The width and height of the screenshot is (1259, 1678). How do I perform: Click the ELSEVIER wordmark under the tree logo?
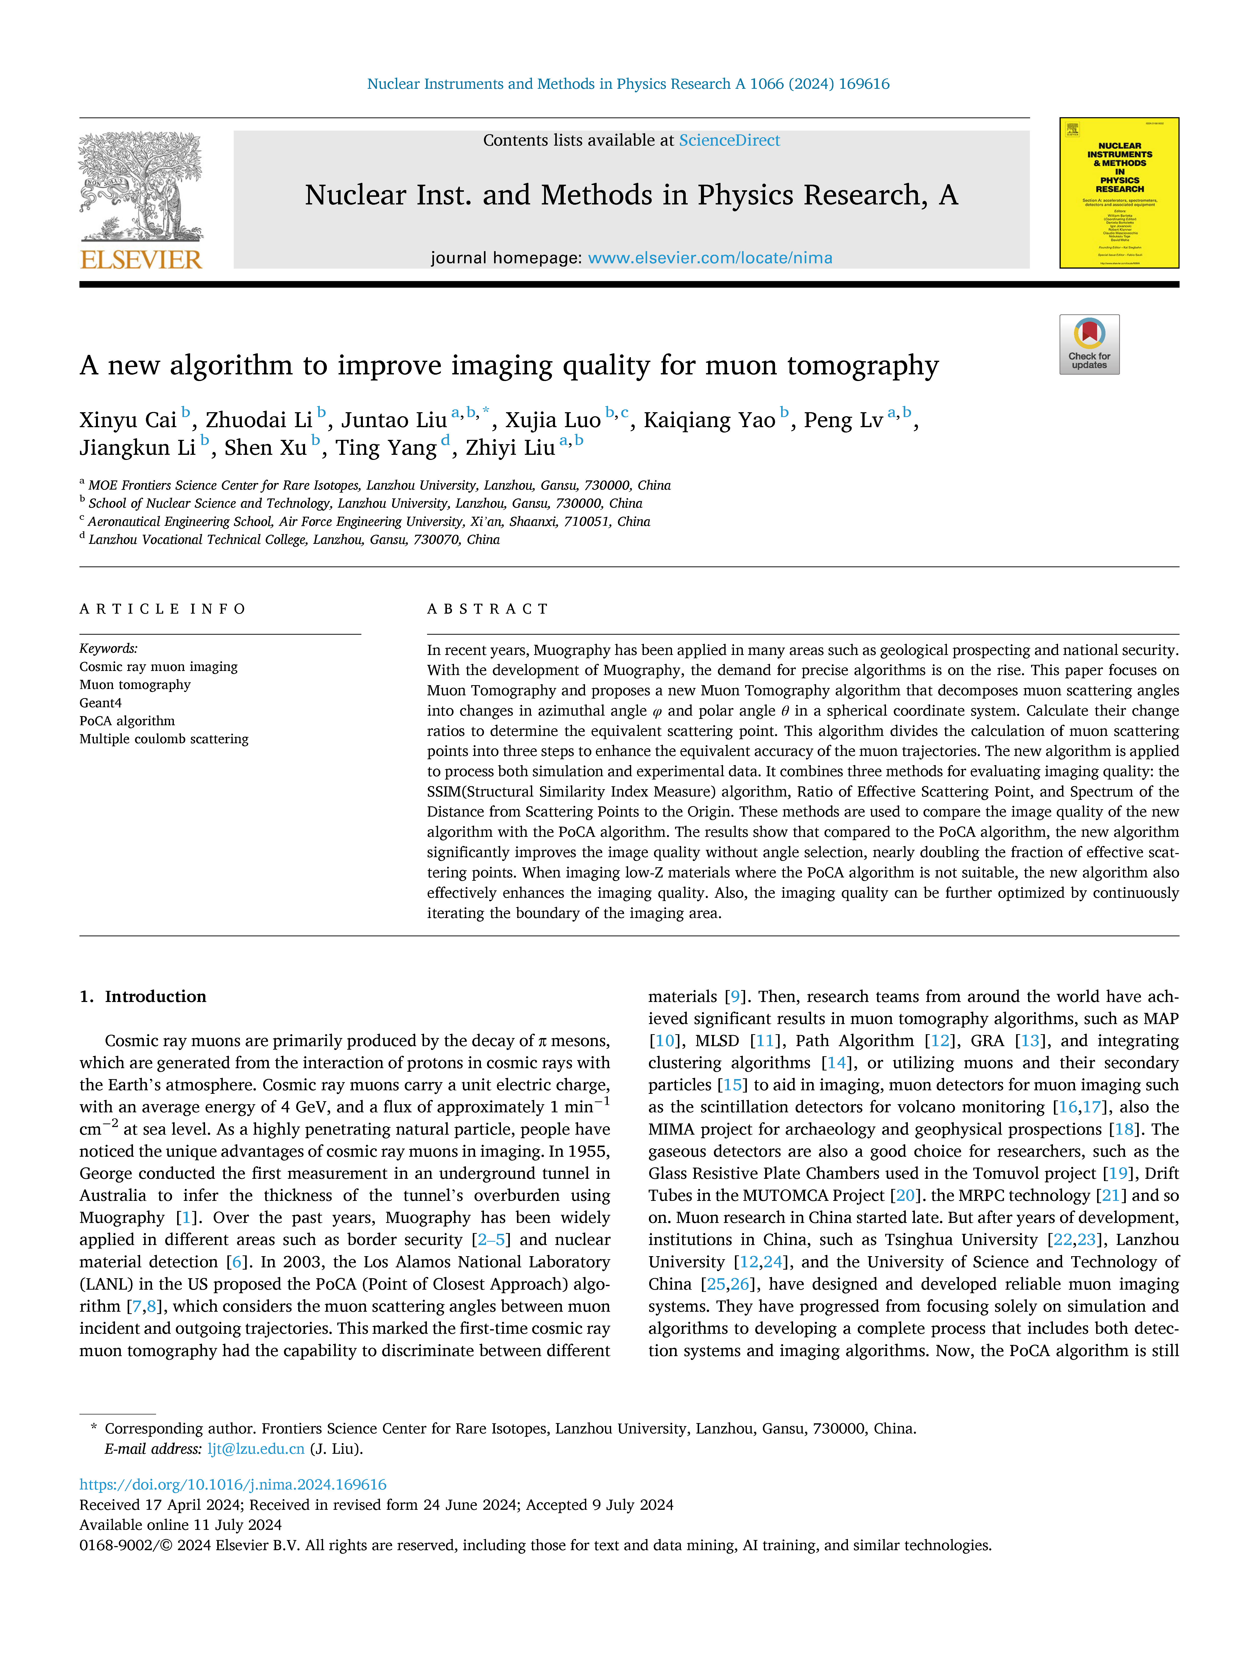[x=141, y=260]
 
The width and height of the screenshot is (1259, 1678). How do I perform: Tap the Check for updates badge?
[x=1089, y=344]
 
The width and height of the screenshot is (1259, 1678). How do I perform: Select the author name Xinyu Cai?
[x=128, y=420]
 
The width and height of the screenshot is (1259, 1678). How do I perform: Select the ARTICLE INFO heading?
[x=162, y=609]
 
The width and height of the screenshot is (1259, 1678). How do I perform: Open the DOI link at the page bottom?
[x=233, y=1484]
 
